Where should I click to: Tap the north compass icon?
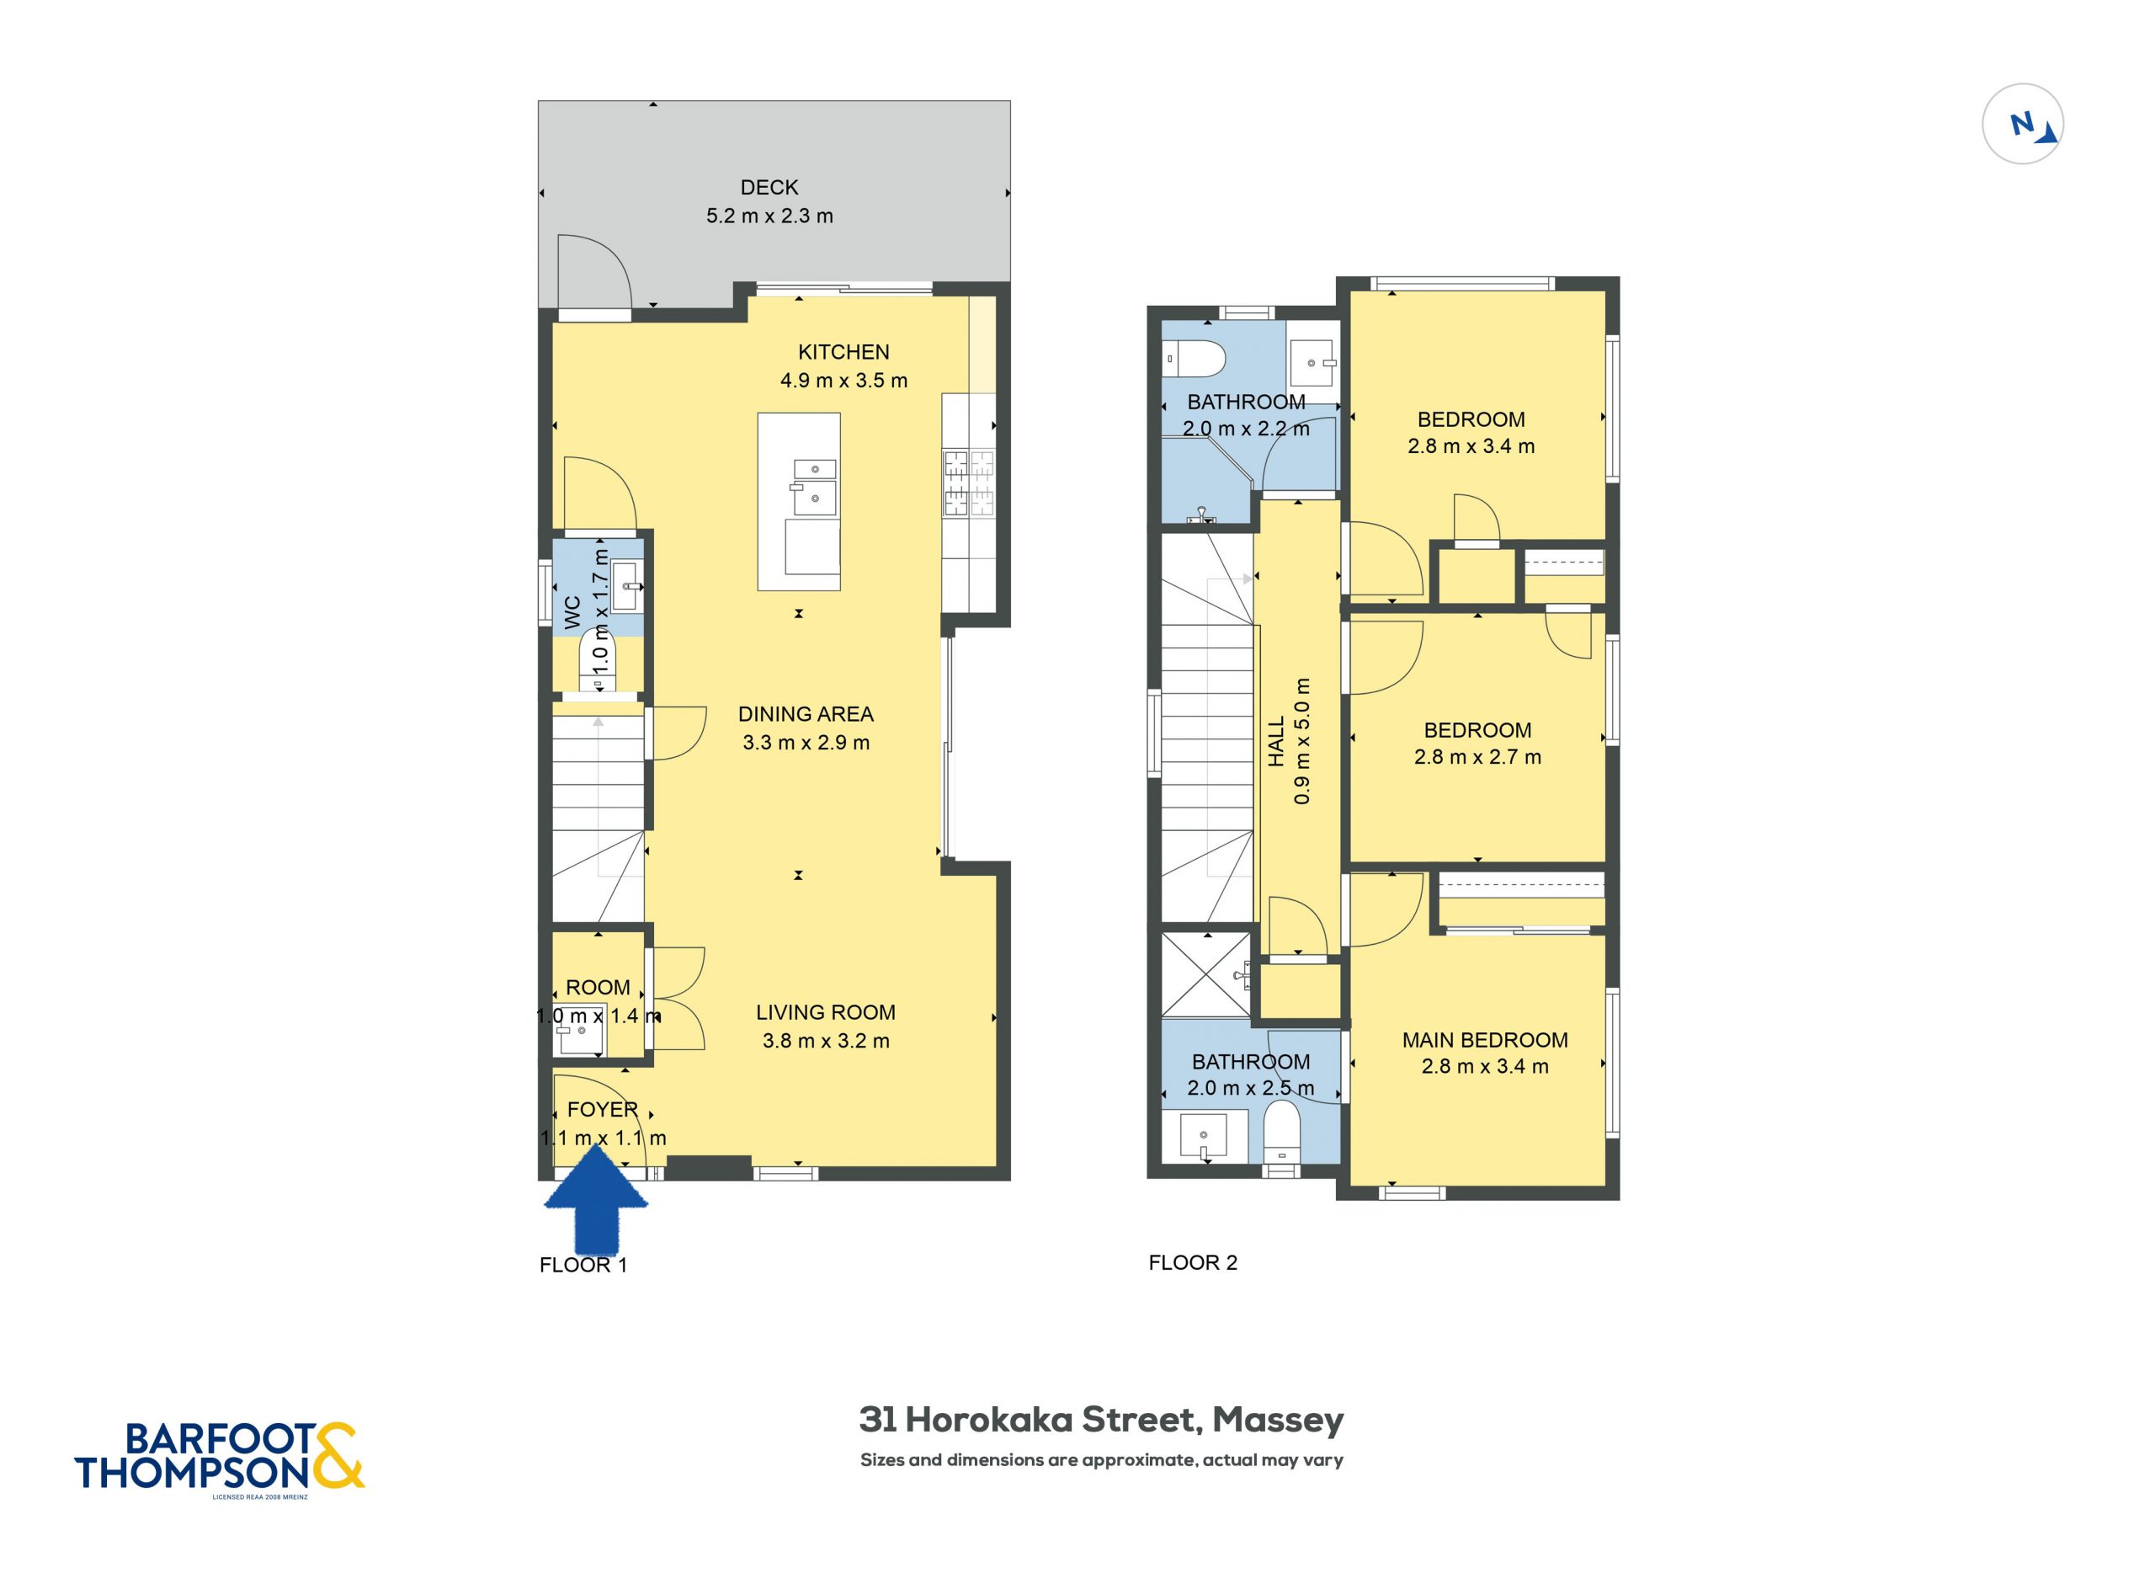pos(2023,124)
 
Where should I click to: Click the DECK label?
pos(769,188)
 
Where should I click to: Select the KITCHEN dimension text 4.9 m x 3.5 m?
pos(843,381)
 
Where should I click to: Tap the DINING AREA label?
pos(806,714)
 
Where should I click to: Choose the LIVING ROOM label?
pos(825,1012)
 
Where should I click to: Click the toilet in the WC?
pos(598,663)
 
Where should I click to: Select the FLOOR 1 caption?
pos(583,1265)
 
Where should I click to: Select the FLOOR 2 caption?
pos(1193,1262)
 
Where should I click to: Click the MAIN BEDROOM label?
pos(1485,1040)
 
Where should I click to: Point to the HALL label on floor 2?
pos(1276,742)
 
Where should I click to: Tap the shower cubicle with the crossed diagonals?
pos(1206,975)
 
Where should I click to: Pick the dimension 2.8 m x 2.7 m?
pos(1477,757)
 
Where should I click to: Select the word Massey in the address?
pos(1279,1420)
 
